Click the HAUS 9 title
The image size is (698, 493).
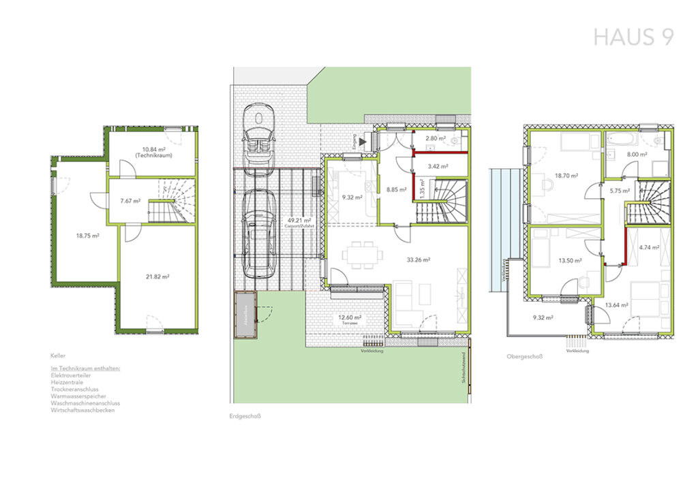633,37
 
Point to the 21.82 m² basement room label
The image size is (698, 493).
156,276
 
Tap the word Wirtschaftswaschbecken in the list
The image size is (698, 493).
82,410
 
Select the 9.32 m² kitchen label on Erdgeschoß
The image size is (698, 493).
352,197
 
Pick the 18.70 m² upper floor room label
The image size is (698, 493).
565,175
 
